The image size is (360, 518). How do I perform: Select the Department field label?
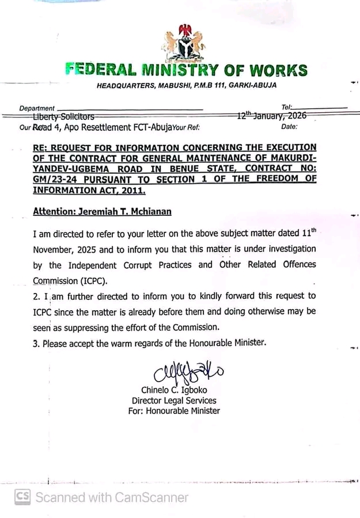point(37,108)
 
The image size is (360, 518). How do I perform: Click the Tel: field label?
point(287,108)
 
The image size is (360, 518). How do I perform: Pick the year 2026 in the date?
point(294,116)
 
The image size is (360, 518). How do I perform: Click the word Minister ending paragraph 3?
point(247,342)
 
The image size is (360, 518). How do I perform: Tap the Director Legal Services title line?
point(174,401)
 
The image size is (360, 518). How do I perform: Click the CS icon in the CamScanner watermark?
point(23,497)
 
